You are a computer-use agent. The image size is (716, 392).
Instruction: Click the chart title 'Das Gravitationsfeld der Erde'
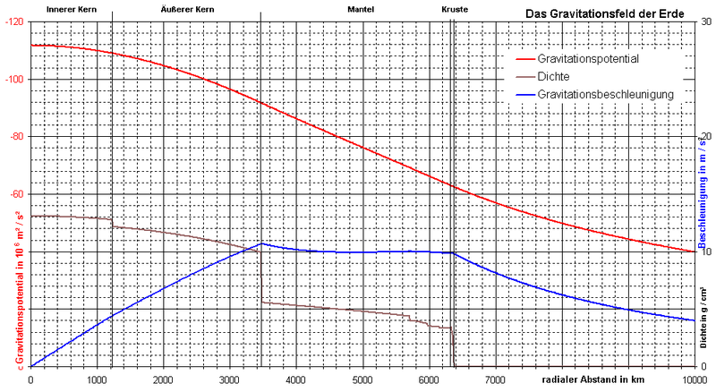click(x=603, y=14)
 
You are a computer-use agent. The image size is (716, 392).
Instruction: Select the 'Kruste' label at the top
click(x=454, y=7)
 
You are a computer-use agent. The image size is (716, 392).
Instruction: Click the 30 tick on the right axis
click(x=704, y=21)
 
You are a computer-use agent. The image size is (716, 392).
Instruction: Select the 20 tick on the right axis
click(x=704, y=137)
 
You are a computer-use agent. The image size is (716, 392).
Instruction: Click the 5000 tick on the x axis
click(x=362, y=379)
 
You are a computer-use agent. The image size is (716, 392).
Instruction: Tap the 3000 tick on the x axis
click(x=230, y=379)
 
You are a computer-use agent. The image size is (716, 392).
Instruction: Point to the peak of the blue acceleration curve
click(x=261, y=243)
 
